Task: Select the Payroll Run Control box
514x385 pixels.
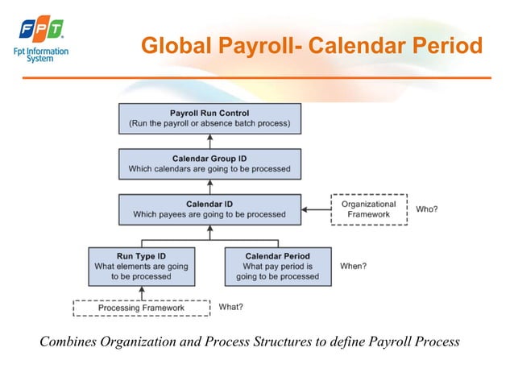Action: point(209,119)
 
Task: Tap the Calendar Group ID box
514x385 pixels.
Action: point(209,164)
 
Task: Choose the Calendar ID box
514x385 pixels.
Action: point(209,209)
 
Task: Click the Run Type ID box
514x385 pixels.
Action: point(141,265)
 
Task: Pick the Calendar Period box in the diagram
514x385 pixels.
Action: point(277,265)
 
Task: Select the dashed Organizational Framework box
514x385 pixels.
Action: point(368,209)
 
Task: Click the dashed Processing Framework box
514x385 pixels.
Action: point(141,308)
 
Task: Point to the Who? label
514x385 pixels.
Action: point(427,209)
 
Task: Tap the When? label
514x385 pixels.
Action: point(353,265)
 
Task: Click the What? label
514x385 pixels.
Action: point(230,307)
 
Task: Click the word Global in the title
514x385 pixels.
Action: point(173,46)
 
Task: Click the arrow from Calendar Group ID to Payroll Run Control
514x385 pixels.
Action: point(209,141)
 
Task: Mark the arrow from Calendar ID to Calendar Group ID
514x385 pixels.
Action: point(209,186)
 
